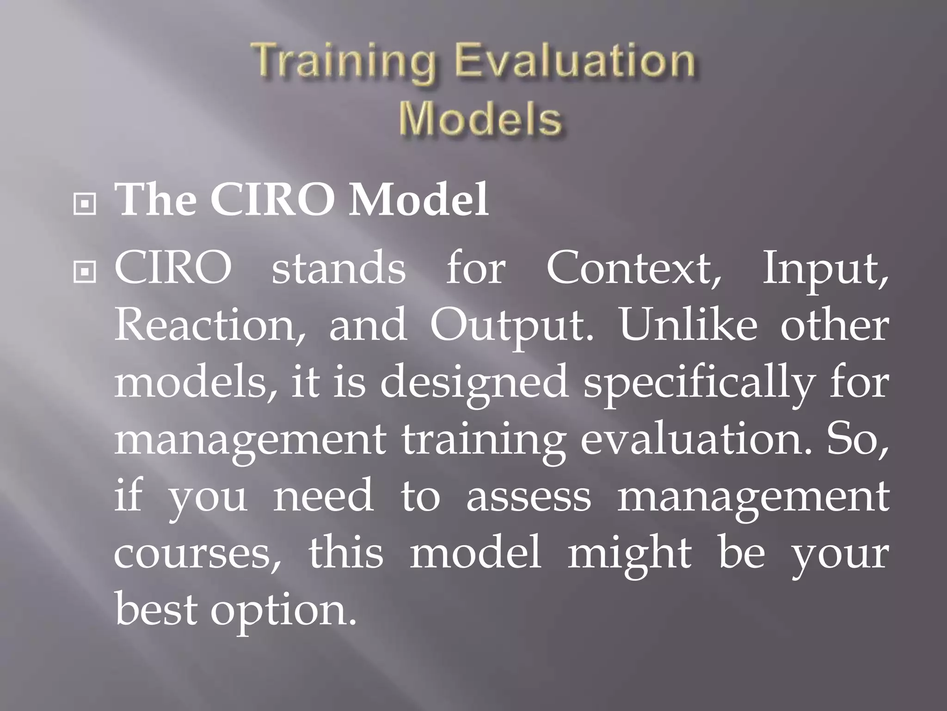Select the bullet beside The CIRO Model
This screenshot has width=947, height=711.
[x=85, y=203]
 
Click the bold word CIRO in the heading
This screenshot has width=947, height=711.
[x=273, y=200]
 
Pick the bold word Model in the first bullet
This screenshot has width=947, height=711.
[x=418, y=200]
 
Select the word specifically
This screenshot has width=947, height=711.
[x=698, y=384]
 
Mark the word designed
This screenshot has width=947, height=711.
[x=474, y=384]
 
